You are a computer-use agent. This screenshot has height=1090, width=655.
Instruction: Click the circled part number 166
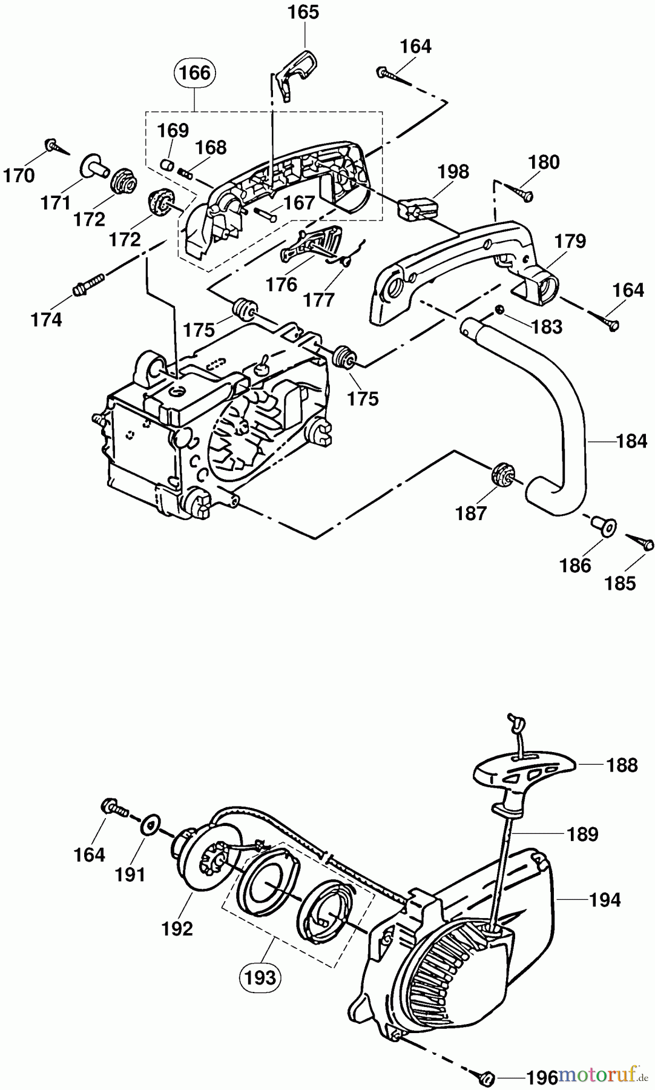pyautogui.click(x=195, y=73)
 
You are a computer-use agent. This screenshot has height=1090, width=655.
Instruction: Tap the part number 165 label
pyautogui.click(x=303, y=12)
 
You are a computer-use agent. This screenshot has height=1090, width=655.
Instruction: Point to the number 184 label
pyautogui.click(x=631, y=441)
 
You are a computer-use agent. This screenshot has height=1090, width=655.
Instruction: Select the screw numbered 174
pyautogui.click(x=88, y=284)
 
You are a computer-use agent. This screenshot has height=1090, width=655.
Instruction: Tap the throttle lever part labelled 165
pyautogui.click(x=293, y=71)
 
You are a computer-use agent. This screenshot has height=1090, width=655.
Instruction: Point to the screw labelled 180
pyautogui.click(x=521, y=193)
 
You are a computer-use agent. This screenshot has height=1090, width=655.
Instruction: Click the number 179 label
pyautogui.click(x=570, y=241)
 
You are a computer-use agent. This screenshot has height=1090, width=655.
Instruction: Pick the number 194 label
pyautogui.click(x=605, y=900)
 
